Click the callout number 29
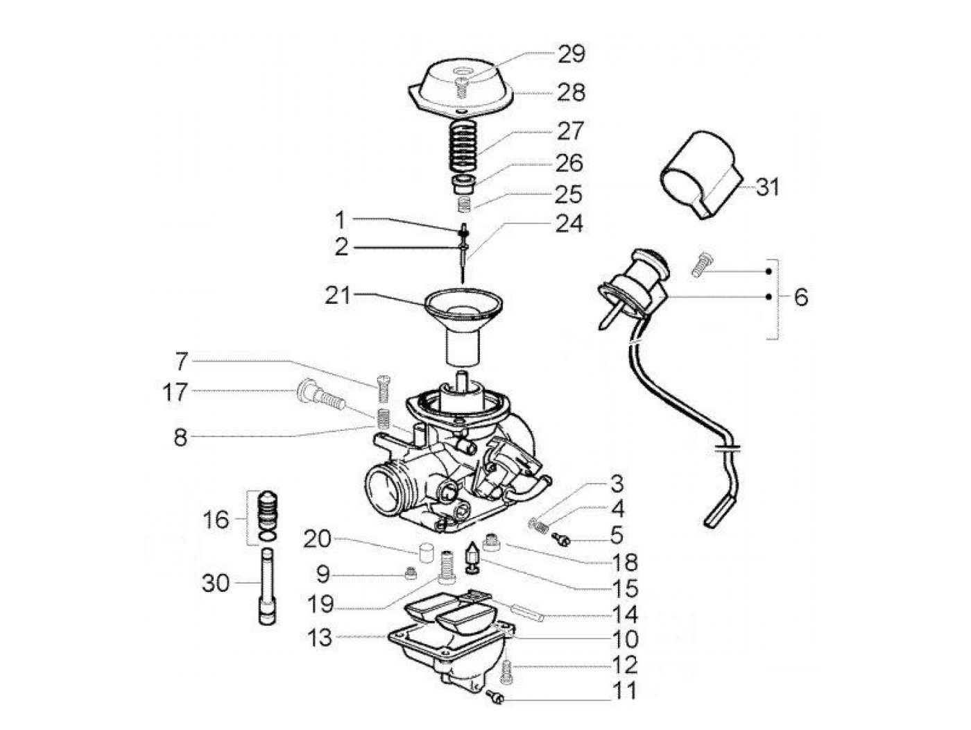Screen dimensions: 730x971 click(571, 54)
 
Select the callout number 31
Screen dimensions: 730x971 click(767, 187)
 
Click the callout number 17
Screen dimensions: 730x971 click(175, 392)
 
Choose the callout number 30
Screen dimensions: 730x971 click(215, 583)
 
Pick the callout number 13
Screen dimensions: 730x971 click(320, 638)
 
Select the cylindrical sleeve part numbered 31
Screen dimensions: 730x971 click(697, 176)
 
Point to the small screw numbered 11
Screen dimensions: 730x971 click(495, 695)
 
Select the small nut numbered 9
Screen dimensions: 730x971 click(411, 573)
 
